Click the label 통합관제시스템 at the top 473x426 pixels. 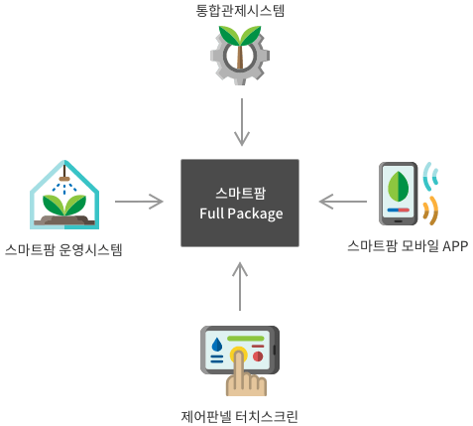pos(240,10)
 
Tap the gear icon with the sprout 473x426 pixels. pos(240,56)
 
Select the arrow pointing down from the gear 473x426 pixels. pos(242,122)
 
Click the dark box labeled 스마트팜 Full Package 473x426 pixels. pos(240,203)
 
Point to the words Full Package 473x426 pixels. pos(241,213)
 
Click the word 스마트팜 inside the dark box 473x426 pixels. pos(240,194)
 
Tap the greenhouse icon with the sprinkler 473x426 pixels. pos(64,195)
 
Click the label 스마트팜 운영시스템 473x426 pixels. pos(63,249)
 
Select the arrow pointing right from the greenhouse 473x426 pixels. pos(139,202)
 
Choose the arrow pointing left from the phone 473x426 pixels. pos(343,202)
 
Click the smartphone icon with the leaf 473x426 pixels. pos(399,194)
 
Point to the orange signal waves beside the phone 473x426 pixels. pos(431,211)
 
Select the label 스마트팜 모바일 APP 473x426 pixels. pos(408,246)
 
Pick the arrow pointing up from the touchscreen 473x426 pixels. pos(240,287)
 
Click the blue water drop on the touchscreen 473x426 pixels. pos(217,345)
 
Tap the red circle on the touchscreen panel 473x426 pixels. pos(258,356)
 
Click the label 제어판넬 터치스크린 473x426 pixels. pos(240,416)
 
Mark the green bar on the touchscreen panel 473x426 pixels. pos(246,339)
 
